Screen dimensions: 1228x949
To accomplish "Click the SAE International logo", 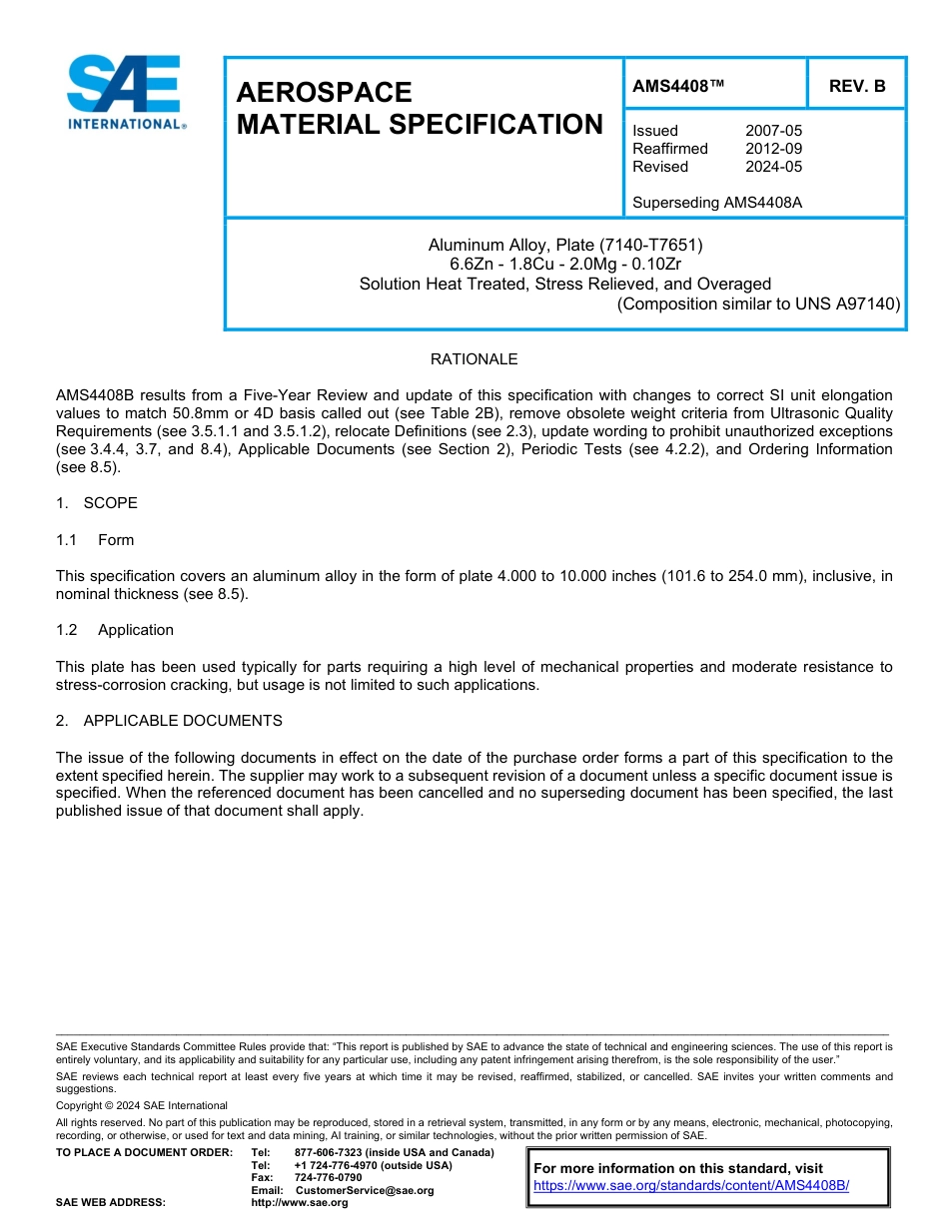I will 125,92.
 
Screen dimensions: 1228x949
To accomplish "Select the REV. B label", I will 856,87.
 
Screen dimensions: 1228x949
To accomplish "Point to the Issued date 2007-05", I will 773,131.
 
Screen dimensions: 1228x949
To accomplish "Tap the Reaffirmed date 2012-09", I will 773,149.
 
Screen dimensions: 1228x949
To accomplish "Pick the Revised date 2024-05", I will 773,167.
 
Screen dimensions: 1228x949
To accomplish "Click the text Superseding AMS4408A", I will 717,203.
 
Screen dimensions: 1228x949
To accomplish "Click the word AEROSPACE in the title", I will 324,93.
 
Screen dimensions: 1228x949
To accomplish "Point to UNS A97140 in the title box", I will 846,304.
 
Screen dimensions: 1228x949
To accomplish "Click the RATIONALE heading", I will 474,359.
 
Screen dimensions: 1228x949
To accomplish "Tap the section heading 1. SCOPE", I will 97,503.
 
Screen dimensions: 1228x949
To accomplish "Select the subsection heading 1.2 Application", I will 115,630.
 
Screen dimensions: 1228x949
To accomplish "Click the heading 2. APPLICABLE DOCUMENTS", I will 169,721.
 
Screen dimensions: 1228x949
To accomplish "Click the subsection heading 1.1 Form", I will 96,540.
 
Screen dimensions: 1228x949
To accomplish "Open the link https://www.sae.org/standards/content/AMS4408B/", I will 690,1186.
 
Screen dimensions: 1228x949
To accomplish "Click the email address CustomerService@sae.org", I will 365,1190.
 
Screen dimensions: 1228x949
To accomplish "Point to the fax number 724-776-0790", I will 328,1178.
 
